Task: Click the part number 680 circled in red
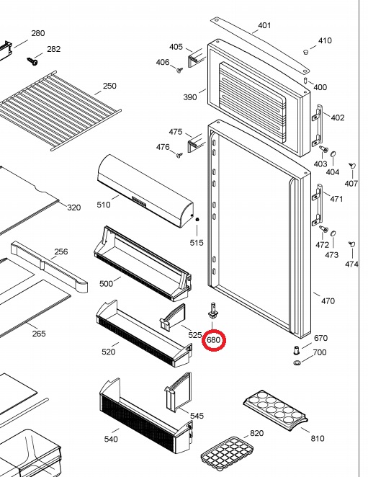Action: coord(213,340)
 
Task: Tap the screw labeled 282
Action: coord(32,61)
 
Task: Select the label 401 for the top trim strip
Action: coord(264,25)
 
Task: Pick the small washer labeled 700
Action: coord(297,362)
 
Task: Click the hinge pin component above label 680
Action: coord(213,311)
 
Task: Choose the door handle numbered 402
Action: coord(317,126)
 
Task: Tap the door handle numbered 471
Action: coord(317,205)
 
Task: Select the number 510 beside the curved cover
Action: coord(104,205)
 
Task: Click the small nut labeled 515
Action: coord(197,219)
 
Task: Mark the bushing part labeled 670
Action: coord(296,350)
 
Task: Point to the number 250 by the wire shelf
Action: coord(109,86)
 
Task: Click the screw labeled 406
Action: coord(179,71)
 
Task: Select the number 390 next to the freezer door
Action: coord(190,97)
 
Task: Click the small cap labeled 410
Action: coord(306,52)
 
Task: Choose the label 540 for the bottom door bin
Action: coord(111,439)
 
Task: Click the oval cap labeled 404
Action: coord(333,153)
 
